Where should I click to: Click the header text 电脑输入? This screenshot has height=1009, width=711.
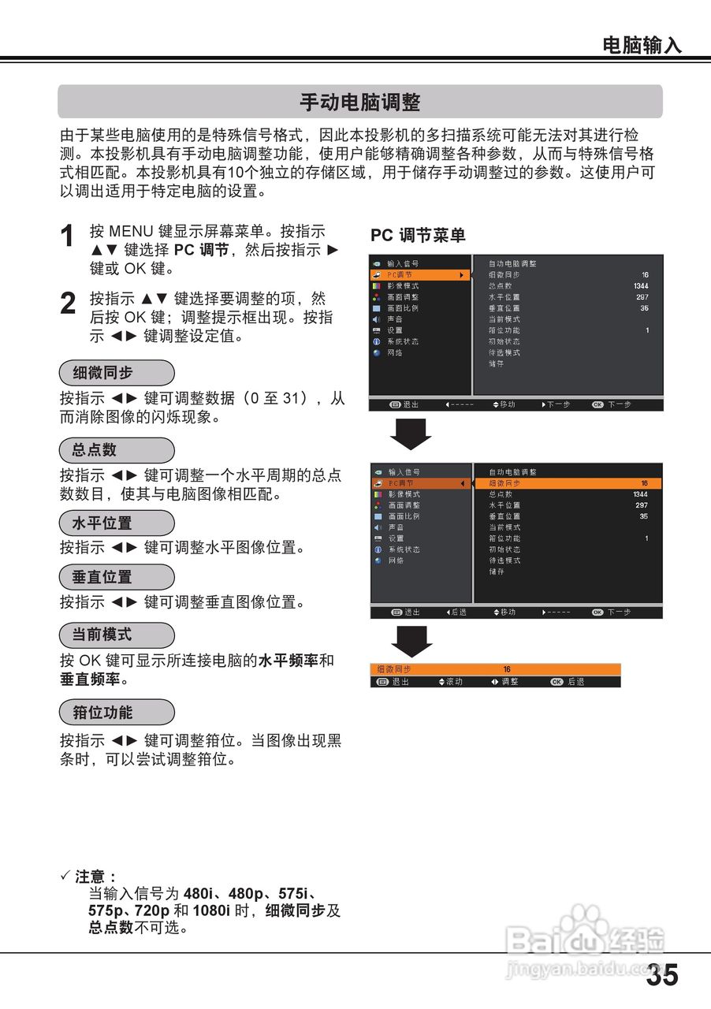click(x=642, y=46)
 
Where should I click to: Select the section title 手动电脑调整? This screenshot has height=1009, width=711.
click(x=359, y=102)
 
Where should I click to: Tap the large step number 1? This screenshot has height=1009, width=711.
click(x=69, y=236)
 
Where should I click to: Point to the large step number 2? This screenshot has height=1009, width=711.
click(x=69, y=305)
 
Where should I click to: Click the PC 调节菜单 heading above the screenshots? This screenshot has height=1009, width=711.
click(x=418, y=235)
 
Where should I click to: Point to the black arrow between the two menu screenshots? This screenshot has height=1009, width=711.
click(x=411, y=434)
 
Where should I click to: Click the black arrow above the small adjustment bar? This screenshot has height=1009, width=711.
click(x=411, y=641)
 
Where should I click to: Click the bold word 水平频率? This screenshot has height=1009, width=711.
click(x=288, y=661)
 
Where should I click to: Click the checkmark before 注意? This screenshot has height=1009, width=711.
click(x=65, y=877)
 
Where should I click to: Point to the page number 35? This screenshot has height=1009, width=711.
click(x=661, y=976)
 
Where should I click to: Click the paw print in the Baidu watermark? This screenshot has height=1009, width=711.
click(x=583, y=922)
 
